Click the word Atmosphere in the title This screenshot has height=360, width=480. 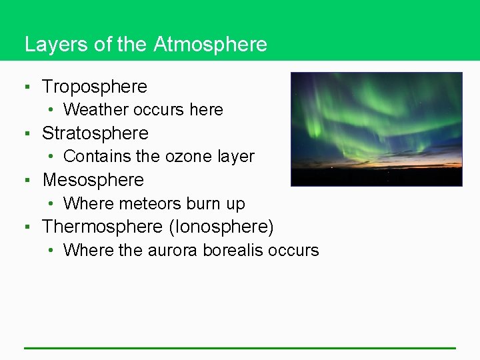click(x=210, y=45)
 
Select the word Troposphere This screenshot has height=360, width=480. click(x=95, y=87)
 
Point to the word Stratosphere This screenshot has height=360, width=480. click(x=95, y=133)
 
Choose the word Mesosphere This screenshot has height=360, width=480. click(x=93, y=180)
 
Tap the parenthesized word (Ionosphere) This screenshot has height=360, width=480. click(x=221, y=227)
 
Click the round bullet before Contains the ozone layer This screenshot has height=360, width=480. click(x=52, y=157)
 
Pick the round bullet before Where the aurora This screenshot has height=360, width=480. click(x=52, y=251)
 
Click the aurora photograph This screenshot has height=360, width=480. click(x=376, y=129)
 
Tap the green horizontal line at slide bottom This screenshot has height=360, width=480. click(x=240, y=347)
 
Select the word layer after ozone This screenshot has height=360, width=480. click(x=236, y=157)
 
